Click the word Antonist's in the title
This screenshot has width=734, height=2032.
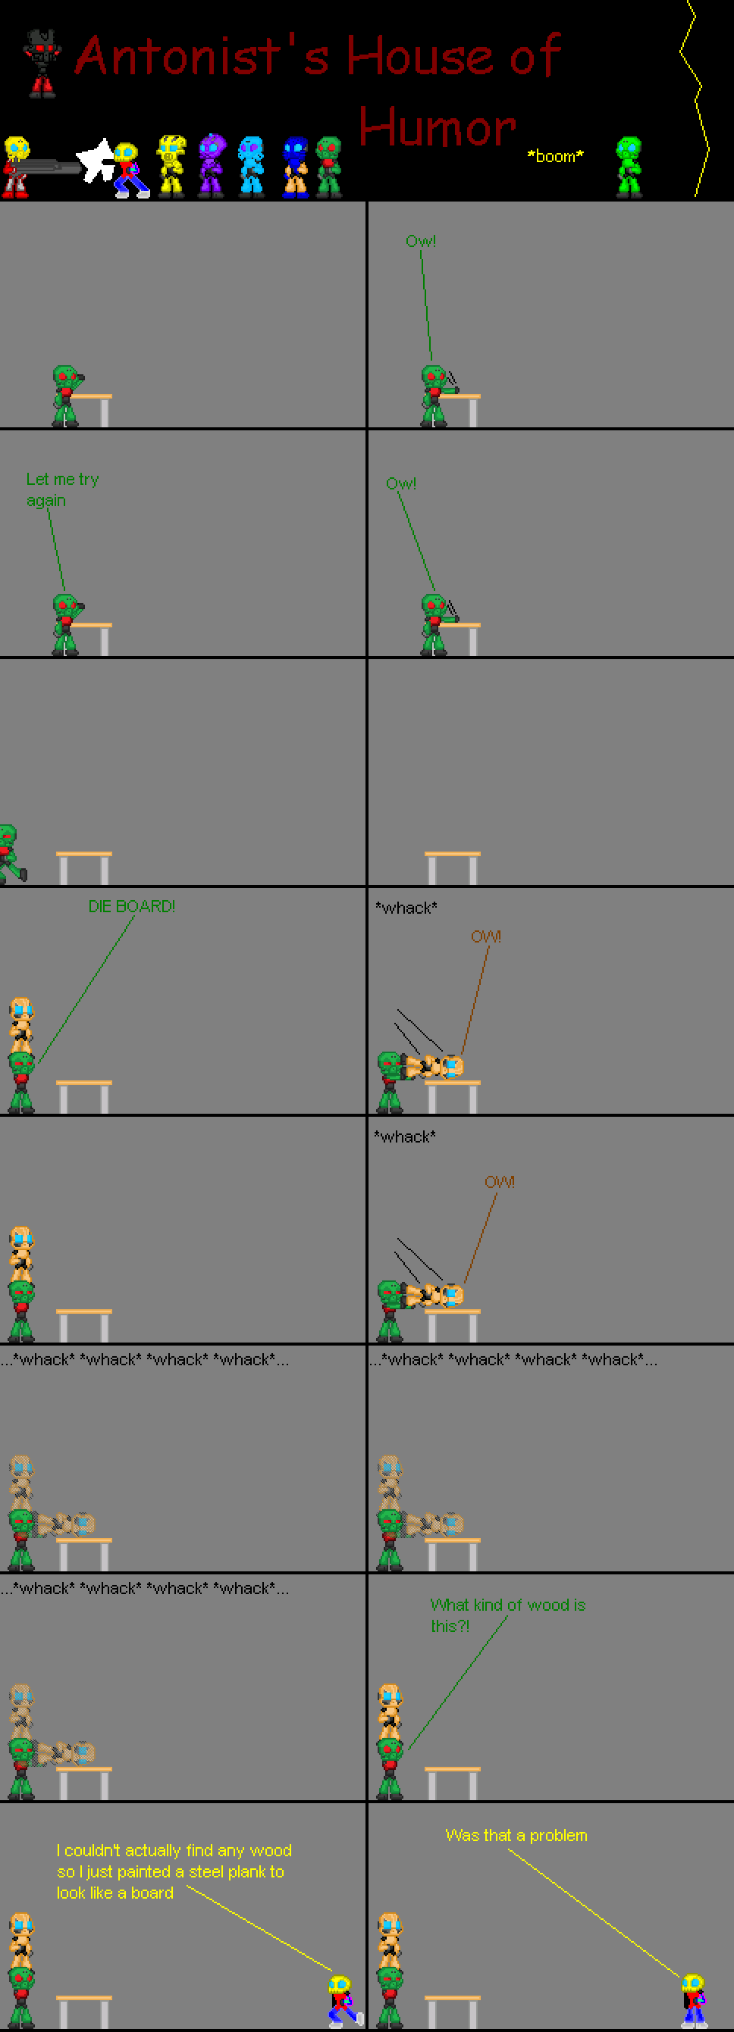[x=201, y=55]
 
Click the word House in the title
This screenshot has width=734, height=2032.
[x=423, y=55]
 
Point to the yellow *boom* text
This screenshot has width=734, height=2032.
[x=556, y=156]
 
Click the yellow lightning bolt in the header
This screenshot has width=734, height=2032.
[x=695, y=98]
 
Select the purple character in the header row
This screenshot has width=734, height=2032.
[x=212, y=165]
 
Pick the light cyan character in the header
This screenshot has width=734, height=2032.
[x=251, y=165]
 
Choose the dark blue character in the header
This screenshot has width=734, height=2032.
[x=295, y=167]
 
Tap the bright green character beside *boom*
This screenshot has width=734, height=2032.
[x=629, y=166]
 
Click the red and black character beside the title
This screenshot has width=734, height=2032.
[x=42, y=63]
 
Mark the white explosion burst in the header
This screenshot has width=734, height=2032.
[x=96, y=160]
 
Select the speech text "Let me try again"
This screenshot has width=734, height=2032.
[x=62, y=490]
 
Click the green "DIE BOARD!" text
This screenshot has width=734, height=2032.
[x=132, y=906]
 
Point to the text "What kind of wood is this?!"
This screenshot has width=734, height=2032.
[x=507, y=1615]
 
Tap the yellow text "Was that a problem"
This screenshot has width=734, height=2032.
[x=516, y=1835]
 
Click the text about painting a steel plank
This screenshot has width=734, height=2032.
[x=174, y=1871]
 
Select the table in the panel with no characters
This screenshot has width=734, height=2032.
[x=452, y=868]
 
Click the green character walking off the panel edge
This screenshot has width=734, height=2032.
[x=11, y=854]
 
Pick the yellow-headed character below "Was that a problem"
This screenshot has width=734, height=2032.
[x=694, y=1999]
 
